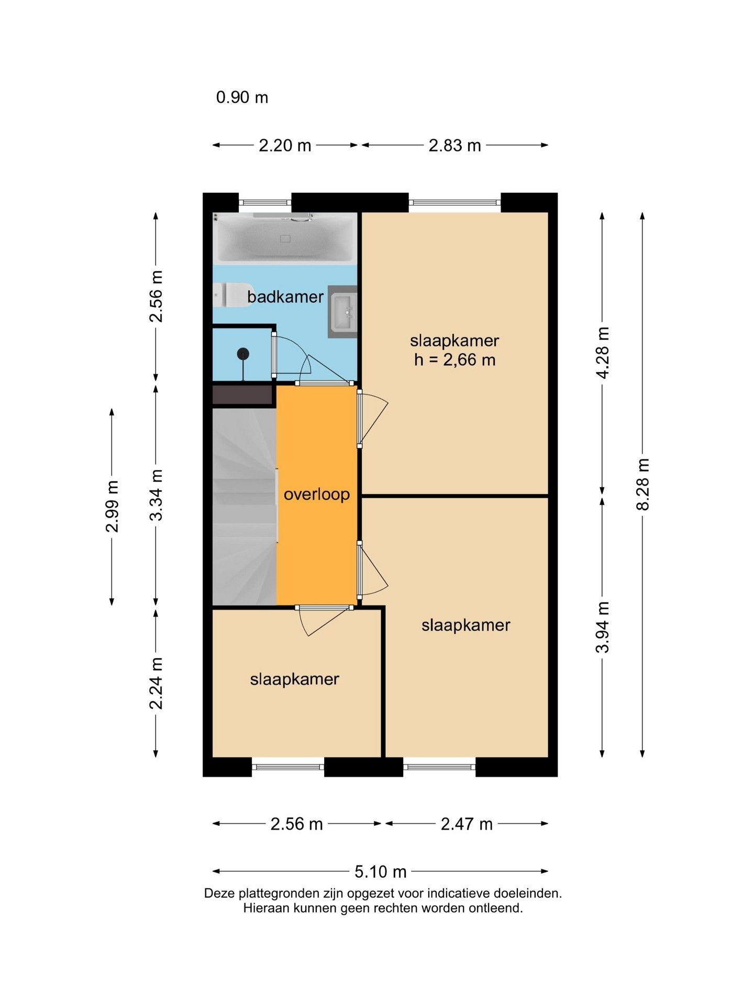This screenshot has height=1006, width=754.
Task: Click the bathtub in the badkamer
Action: tap(285, 238)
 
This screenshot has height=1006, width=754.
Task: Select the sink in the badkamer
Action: tap(343, 311)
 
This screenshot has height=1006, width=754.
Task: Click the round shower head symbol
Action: tap(243, 354)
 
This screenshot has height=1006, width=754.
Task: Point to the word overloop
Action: tap(317, 494)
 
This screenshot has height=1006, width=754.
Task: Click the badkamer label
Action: tap(285, 297)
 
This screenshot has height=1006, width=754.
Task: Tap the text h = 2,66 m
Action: tap(454, 360)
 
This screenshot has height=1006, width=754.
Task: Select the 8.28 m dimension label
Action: tap(642, 484)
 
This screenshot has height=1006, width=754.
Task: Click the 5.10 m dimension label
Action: tap(381, 871)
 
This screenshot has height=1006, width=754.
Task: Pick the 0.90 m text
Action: tap(242, 97)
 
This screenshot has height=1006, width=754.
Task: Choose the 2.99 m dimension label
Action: tap(112, 506)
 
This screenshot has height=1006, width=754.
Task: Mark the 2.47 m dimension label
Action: tap(467, 824)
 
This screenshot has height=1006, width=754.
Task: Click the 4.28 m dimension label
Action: tap(603, 353)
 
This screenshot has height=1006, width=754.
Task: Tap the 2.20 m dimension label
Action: tap(285, 145)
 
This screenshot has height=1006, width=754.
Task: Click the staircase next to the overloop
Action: tap(245, 506)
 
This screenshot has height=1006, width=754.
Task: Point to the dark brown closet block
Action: tap(243, 395)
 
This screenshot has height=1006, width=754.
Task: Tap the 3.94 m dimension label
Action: tap(603, 627)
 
